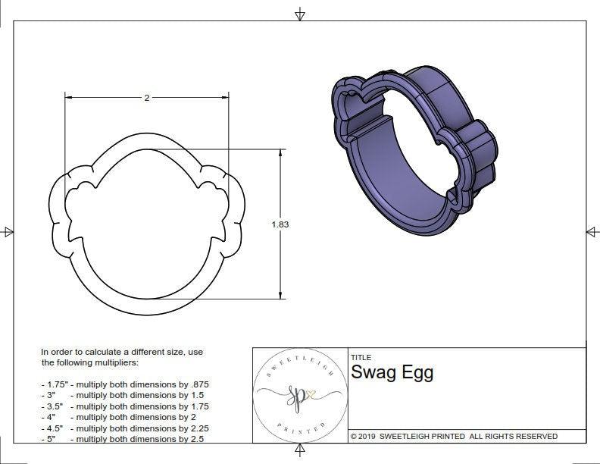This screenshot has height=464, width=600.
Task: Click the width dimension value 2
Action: [x=146, y=98]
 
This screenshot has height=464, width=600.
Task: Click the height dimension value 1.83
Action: [x=280, y=224]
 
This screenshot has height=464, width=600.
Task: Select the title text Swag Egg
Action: [x=392, y=372]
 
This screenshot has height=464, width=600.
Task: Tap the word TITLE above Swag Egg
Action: [x=361, y=358]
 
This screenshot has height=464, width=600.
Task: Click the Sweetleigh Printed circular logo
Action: [x=300, y=395]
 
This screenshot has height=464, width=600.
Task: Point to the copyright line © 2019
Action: [x=454, y=436]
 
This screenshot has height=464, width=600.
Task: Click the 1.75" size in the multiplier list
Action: [x=54, y=384]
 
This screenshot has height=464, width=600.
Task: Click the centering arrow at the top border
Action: [x=300, y=14]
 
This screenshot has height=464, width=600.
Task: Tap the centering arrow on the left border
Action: [x=8, y=232]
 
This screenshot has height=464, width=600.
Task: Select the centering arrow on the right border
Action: [x=592, y=231]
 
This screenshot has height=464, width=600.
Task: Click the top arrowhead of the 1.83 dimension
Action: [x=280, y=152]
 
